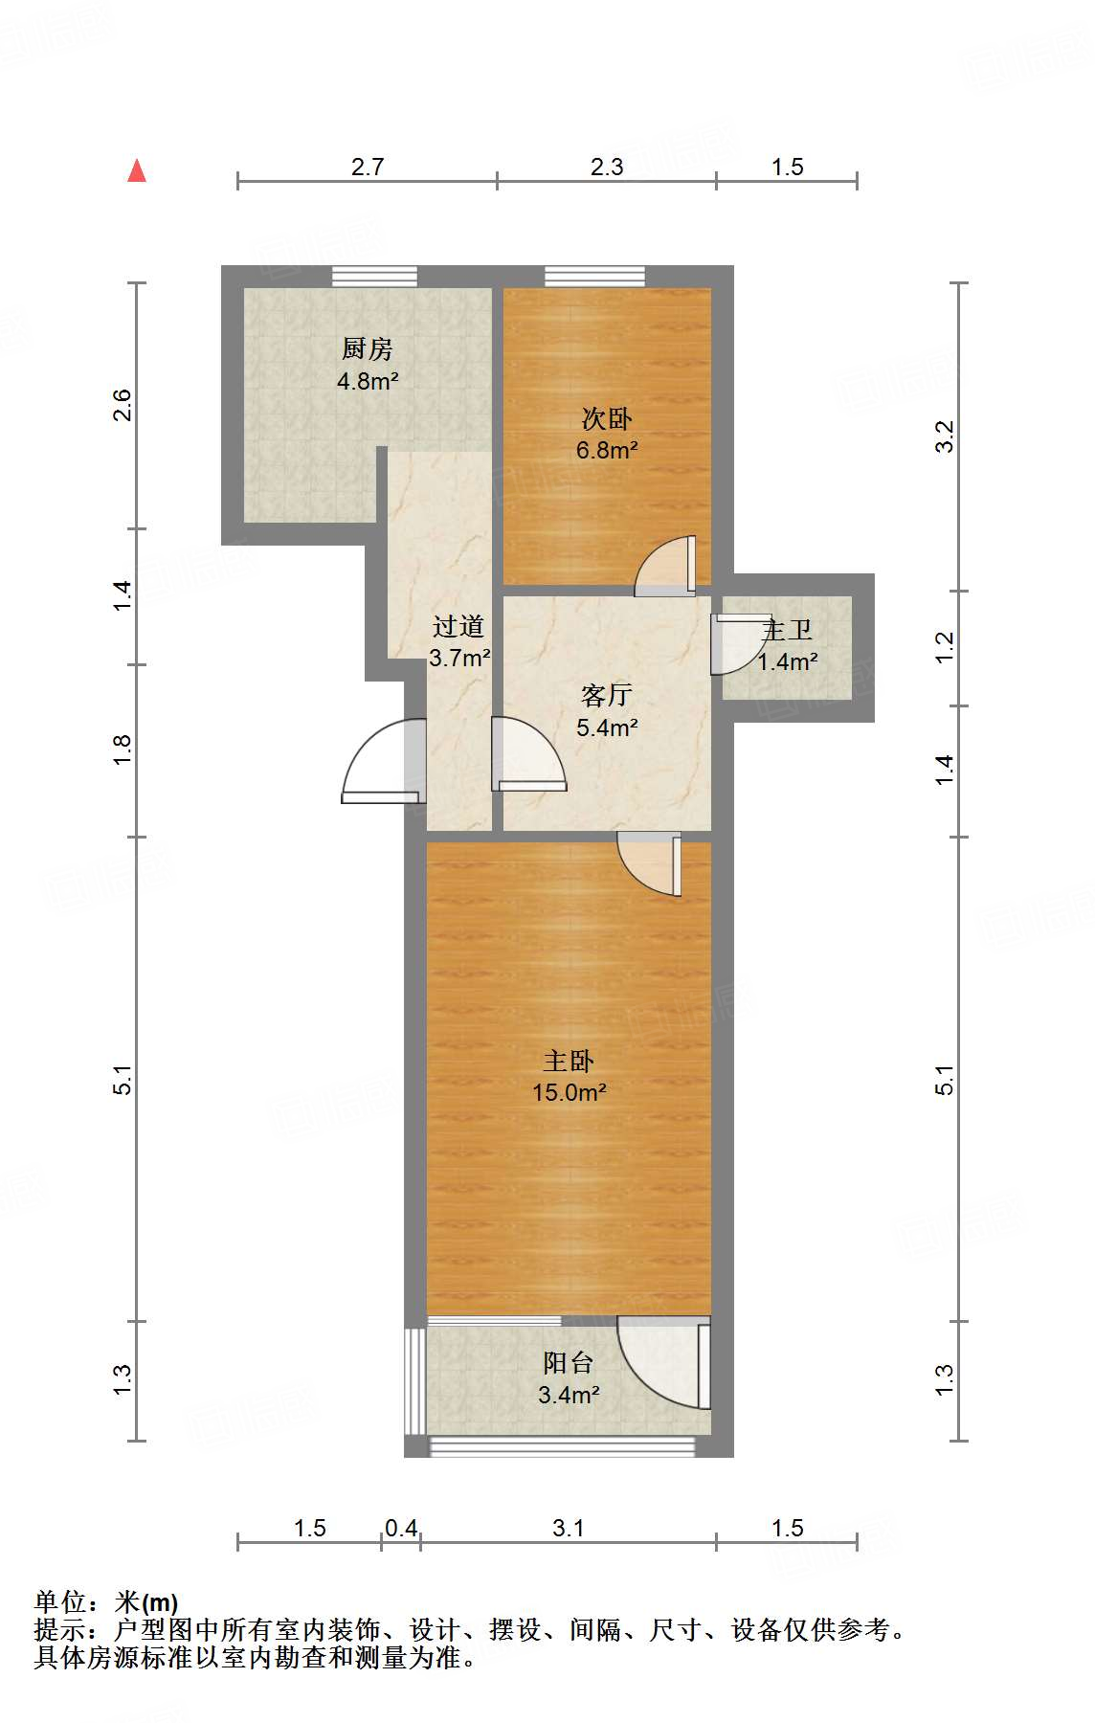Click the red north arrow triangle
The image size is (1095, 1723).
click(x=137, y=171)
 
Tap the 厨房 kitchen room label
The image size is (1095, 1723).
click(x=367, y=349)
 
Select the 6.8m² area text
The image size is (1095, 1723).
click(x=607, y=450)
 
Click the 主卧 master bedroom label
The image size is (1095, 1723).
click(x=569, y=1061)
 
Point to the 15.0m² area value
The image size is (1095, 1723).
click(x=569, y=1092)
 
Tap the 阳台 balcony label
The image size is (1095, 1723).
click(x=569, y=1362)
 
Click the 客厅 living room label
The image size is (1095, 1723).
click(x=606, y=696)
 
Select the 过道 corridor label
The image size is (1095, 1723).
click(x=458, y=627)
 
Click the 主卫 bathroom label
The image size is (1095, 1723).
click(x=787, y=631)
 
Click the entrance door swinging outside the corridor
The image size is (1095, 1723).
click(x=383, y=761)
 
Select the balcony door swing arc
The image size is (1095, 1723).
click(x=660, y=1364)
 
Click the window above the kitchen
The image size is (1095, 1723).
click(x=374, y=277)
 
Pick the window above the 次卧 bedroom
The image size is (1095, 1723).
click(x=594, y=277)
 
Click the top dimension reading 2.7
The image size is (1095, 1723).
click(x=367, y=168)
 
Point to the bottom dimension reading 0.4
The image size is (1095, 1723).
click(x=401, y=1528)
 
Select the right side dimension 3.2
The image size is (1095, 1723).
click(x=945, y=436)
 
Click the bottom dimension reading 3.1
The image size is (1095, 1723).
click(x=569, y=1528)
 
